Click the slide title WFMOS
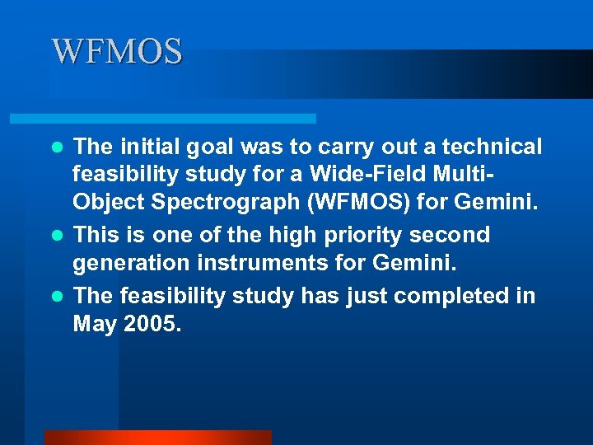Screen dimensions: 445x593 117,52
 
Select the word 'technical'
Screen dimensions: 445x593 493,147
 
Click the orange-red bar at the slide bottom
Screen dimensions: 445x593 157,438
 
